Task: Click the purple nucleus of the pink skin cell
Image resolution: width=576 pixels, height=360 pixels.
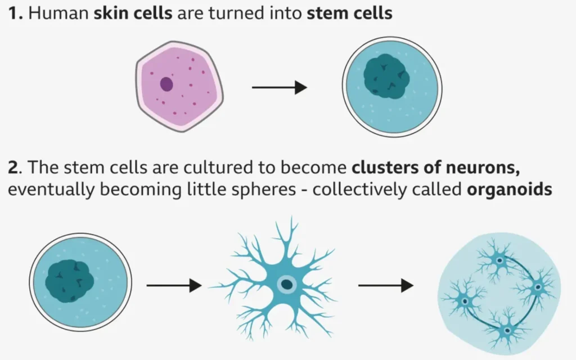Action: tap(166, 84)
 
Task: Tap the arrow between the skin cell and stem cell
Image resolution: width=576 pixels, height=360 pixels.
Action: tap(279, 88)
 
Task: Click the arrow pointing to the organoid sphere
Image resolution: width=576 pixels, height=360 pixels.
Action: tap(385, 286)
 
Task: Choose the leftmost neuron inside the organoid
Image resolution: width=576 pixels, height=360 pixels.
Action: tap(465, 301)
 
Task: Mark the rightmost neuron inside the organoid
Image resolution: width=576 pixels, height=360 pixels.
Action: tap(538, 287)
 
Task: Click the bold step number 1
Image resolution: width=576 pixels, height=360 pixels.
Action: tap(15, 13)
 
